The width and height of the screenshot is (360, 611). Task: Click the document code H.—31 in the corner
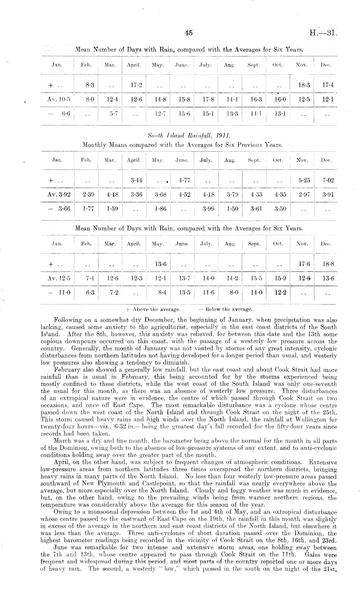coord(323,33)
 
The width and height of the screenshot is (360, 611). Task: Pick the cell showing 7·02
coord(328,180)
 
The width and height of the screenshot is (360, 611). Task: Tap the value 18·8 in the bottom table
coord(328,264)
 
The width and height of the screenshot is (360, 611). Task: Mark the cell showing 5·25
coord(304,180)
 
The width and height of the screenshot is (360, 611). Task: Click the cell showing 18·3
coord(303,85)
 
